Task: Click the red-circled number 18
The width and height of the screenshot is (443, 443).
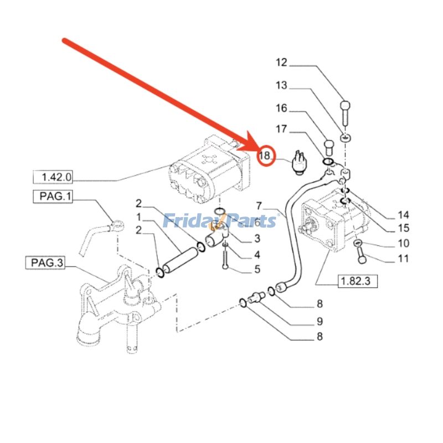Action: (266, 156)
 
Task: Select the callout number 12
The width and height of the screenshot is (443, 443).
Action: (282, 63)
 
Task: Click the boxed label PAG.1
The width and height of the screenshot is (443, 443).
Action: (55, 196)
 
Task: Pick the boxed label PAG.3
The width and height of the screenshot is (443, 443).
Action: (45, 262)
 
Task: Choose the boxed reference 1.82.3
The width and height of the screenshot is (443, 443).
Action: (357, 282)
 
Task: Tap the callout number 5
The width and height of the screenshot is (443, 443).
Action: (256, 270)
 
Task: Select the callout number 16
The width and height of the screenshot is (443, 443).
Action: (282, 107)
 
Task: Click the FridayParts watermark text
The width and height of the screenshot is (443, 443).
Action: (220, 221)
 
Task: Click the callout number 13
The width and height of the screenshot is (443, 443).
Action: (282, 85)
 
